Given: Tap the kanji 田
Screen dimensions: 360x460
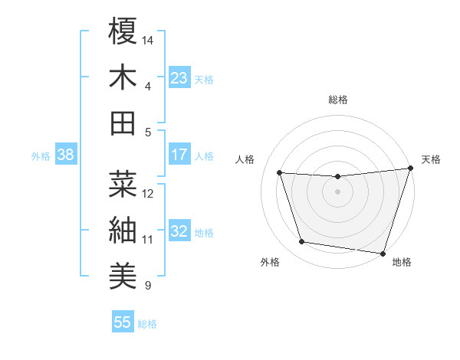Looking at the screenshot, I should pyautogui.click(x=123, y=123).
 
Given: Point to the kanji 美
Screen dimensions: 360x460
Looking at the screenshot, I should pyautogui.click(x=123, y=273).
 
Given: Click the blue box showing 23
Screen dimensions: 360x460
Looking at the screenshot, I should pyautogui.click(x=179, y=77).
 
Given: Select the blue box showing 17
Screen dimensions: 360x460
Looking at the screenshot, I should pyautogui.click(x=179, y=155).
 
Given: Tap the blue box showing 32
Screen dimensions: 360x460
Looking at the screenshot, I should pyautogui.click(x=179, y=232).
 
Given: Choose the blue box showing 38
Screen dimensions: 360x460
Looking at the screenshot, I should pyautogui.click(x=65, y=155).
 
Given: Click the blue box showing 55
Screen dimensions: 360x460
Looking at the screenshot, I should pyautogui.click(x=123, y=322).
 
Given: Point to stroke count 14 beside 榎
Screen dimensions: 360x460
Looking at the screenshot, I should pyautogui.click(x=148, y=39).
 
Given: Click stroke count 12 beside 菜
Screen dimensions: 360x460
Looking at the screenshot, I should pyautogui.click(x=148, y=193).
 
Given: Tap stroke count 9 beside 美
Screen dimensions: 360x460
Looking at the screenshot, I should pyautogui.click(x=148, y=286).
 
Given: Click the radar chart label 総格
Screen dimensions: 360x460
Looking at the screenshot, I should pyautogui.click(x=338, y=100).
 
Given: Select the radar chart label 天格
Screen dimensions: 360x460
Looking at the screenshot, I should pyautogui.click(x=431, y=159).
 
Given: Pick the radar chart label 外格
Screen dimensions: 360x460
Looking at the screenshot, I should pyautogui.click(x=270, y=263).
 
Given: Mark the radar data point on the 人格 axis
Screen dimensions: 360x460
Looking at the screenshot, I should pyautogui.click(x=280, y=173).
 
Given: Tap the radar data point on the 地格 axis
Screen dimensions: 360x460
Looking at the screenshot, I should pyautogui.click(x=383, y=253).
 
